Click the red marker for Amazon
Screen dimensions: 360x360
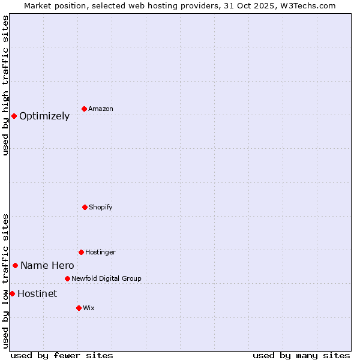click(85, 109)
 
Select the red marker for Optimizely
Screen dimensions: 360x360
click(14, 116)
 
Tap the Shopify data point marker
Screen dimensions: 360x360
click(85, 207)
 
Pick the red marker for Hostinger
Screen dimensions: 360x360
click(81, 252)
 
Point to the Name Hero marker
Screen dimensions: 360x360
click(15, 265)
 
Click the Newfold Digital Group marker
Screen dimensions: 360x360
click(67, 278)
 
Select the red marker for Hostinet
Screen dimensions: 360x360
click(12, 293)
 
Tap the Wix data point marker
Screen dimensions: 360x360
click(79, 308)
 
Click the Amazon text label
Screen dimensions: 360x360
click(101, 109)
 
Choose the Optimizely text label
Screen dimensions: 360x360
click(44, 116)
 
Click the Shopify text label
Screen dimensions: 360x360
click(101, 207)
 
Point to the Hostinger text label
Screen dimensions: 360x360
click(100, 252)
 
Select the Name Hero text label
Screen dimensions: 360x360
click(47, 265)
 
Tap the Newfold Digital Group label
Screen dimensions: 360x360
click(106, 278)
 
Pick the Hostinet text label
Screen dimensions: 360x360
click(37, 293)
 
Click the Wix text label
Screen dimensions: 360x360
click(89, 308)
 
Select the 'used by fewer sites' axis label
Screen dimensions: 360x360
click(62, 355)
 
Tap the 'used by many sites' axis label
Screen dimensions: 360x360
click(301, 355)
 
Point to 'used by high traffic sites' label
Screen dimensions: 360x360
click(5, 85)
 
